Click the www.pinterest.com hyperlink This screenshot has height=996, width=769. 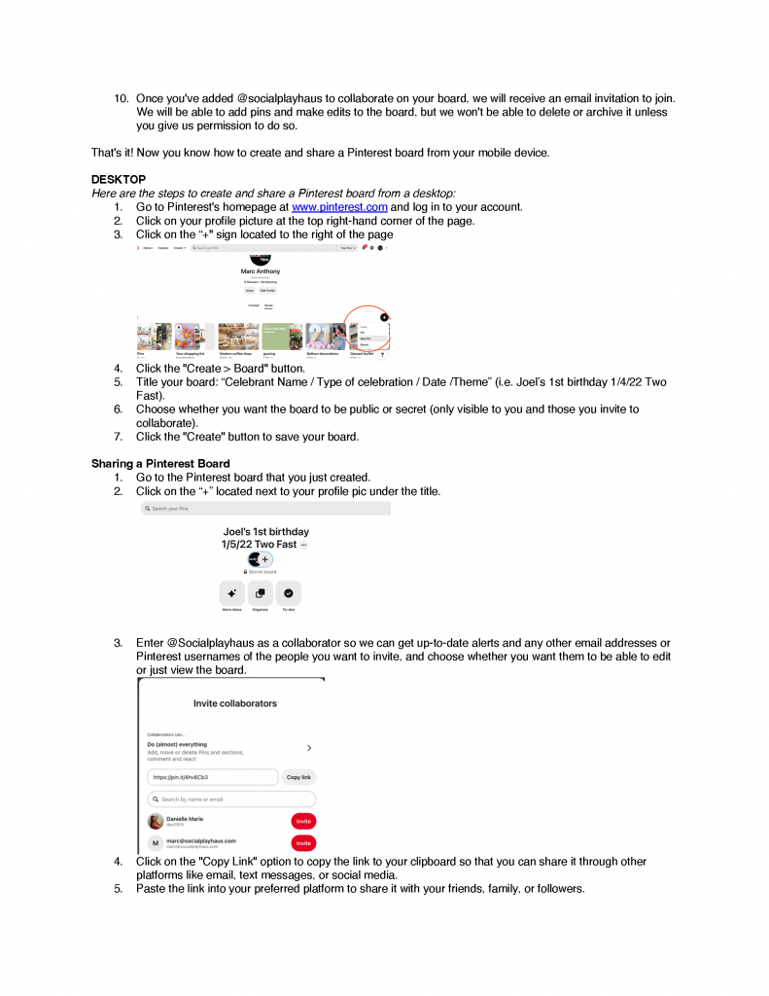[339, 207]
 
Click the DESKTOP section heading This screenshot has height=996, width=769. [119, 180]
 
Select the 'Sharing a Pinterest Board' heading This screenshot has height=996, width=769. [160, 463]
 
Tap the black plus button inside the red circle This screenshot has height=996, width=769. [384, 317]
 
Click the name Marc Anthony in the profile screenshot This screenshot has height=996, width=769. [260, 271]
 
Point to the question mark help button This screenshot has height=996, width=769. [381, 355]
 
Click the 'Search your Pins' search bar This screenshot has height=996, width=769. [264, 509]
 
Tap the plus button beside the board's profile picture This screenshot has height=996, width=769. [265, 560]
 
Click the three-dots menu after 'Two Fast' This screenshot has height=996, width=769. [303, 545]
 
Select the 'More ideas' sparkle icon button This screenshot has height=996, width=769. [231, 593]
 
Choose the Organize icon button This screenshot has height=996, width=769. [260, 593]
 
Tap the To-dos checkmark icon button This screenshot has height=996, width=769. [289, 593]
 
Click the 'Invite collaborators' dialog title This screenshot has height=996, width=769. [234, 703]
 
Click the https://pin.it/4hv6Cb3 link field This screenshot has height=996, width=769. [212, 778]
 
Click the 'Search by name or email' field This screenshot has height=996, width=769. [231, 800]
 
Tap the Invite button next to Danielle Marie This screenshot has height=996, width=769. [303, 822]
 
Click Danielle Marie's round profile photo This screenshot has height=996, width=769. [156, 822]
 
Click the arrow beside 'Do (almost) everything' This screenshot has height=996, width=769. [309, 748]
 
